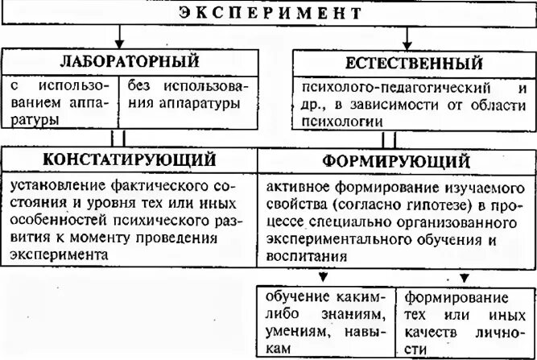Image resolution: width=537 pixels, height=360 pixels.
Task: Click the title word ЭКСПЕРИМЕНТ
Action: [270, 13]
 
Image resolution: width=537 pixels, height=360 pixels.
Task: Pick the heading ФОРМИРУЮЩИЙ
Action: [396, 158]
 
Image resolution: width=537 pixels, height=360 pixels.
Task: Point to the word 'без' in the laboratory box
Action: [139, 85]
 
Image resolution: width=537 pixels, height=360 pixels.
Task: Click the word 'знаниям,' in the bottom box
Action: [356, 313]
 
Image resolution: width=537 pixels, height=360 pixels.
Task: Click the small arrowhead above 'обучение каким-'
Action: [323, 278]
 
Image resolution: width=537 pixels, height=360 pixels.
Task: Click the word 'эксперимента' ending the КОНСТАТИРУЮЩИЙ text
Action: [58, 254]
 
